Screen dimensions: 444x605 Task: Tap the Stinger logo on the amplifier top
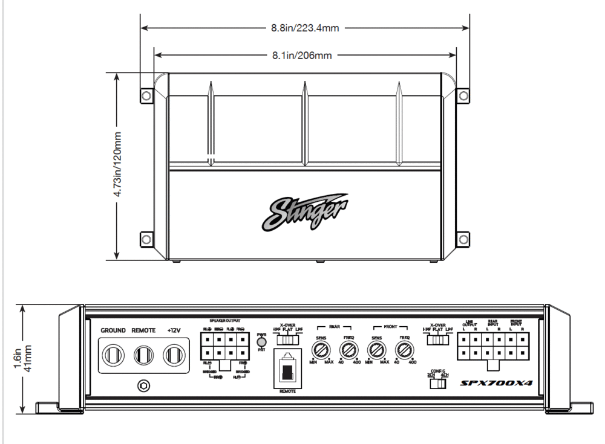[305, 213]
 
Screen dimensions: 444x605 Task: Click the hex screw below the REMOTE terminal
[143, 384]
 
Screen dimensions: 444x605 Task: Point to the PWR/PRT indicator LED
[261, 343]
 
